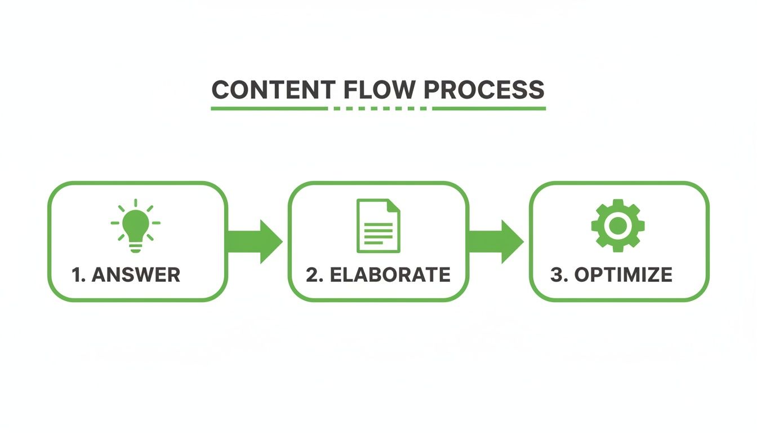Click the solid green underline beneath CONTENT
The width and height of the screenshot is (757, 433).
tap(269, 108)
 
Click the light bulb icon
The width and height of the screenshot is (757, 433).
tap(135, 224)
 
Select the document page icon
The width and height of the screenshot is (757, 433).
tap(378, 226)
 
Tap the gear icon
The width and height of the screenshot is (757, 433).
tap(618, 225)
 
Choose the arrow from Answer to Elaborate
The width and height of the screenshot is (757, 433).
tap(255, 241)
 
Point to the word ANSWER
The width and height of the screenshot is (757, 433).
tap(136, 275)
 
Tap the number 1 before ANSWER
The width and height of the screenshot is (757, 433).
tap(78, 275)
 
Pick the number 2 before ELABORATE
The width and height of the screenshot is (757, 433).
tap(313, 275)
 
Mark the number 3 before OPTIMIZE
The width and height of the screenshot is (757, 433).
tap(556, 275)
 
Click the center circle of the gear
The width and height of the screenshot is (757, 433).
tap(618, 225)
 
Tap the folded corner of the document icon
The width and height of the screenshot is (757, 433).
tap(394, 205)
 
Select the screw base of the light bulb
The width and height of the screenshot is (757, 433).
tap(135, 246)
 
